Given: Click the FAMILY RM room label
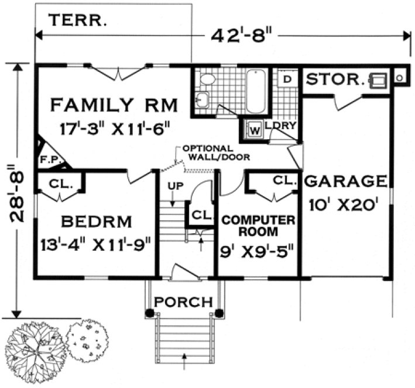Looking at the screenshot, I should [x=114, y=105].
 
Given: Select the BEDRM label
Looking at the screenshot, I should [x=97, y=222].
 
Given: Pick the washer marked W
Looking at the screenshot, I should [x=255, y=129].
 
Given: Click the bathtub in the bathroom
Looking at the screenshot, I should [x=256, y=92].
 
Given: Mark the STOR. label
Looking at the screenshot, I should [x=333, y=79].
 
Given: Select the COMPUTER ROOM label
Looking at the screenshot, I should [x=258, y=226].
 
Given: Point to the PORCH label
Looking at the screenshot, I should [x=183, y=302].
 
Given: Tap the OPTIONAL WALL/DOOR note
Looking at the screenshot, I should [x=215, y=153].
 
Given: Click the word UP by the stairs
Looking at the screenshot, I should [x=174, y=186].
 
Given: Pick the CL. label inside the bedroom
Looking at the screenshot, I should [x=61, y=183].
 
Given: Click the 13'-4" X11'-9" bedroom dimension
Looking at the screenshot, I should [x=97, y=244].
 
